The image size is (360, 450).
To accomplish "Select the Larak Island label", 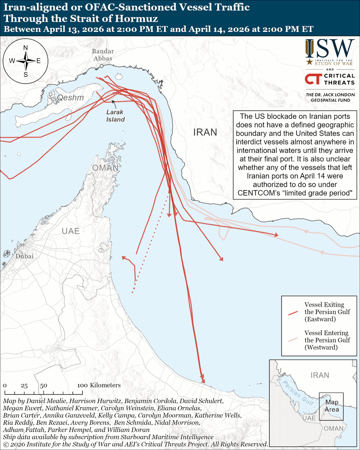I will pos(115,115).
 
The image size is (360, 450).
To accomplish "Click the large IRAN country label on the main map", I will pos(205,132).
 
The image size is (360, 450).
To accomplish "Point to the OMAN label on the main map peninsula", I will pos(106,168).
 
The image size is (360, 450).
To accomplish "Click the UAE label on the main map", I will pos(70,231).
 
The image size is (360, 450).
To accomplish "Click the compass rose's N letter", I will pos(25,48).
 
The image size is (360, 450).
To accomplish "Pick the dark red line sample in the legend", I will pos(292,312).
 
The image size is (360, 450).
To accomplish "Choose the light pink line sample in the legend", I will pos(292,340).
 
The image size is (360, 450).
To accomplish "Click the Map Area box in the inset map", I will pos(331,406).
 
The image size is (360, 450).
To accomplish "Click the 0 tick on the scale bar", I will pos(4,385).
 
